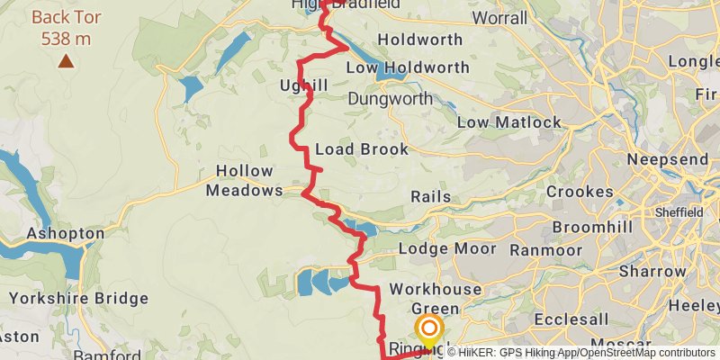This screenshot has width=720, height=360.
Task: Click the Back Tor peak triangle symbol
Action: pyautogui.click(x=66, y=61)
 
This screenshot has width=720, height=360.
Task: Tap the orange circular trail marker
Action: pyautogui.click(x=428, y=330)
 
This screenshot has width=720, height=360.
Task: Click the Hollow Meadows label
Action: pyautogui.click(x=244, y=181)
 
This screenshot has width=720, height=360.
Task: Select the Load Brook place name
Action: pyautogui.click(x=362, y=149)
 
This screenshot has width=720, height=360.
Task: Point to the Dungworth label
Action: pyautogui.click(x=389, y=97)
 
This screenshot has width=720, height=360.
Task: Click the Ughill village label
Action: pyautogui.click(x=303, y=85)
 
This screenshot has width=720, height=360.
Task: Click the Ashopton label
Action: pyautogui.click(x=66, y=233)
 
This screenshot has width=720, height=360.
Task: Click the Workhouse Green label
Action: pyautogui.click(x=436, y=300)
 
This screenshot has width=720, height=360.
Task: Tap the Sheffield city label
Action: pyautogui.click(x=680, y=211)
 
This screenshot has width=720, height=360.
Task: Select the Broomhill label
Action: pyautogui.click(x=591, y=227)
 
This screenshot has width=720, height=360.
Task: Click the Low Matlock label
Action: pyautogui.click(x=509, y=122)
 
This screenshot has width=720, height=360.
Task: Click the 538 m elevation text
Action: pyautogui.click(x=66, y=39)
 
